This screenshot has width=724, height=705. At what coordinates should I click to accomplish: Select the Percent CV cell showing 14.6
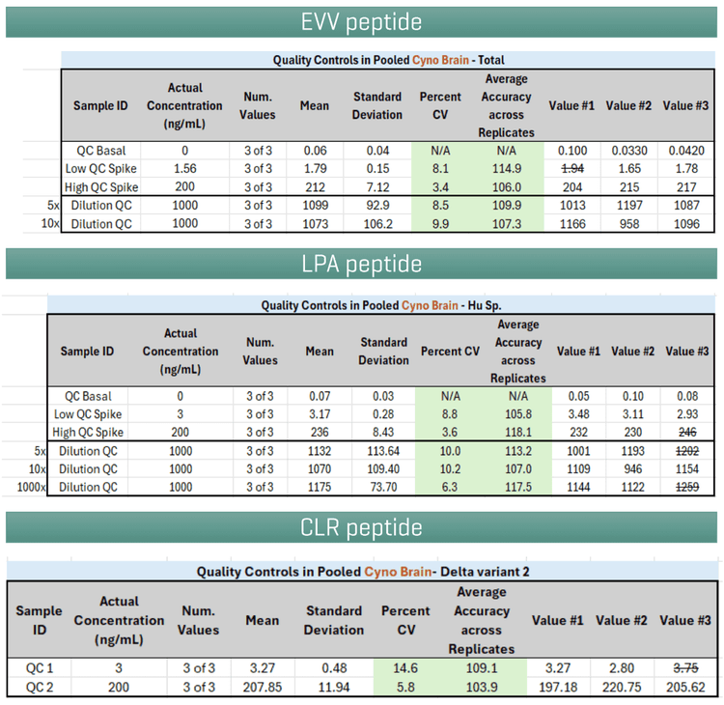(405, 667)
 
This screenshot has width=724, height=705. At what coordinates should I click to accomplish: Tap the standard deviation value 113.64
(382, 451)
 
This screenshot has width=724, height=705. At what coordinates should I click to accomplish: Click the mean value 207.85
(263, 687)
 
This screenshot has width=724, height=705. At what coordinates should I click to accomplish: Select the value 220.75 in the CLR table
(620, 687)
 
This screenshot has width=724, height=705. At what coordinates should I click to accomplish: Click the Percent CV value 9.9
(440, 224)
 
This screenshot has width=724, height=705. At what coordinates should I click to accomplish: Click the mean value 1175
(320, 488)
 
